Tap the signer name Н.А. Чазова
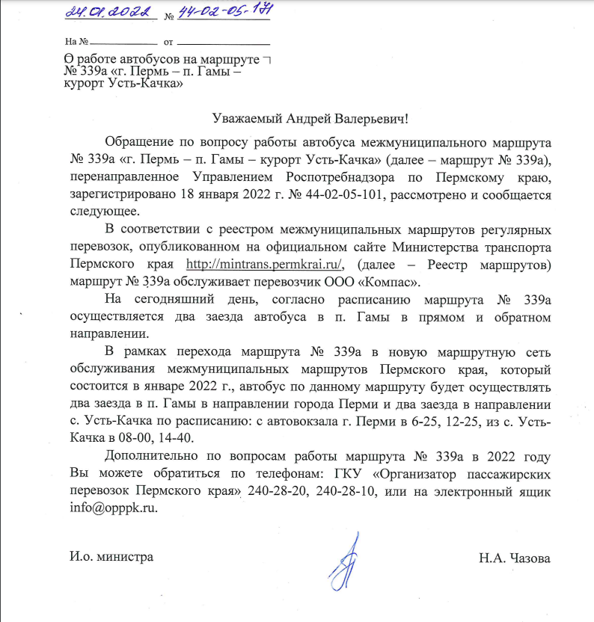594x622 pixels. (515, 558)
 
